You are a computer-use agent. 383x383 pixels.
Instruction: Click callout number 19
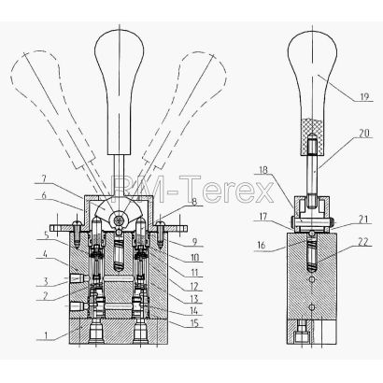tap(364, 97)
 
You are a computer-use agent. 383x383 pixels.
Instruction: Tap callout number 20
tap(362, 134)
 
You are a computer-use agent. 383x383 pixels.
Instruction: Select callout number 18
tap(263, 170)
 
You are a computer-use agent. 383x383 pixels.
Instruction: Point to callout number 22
tap(362, 242)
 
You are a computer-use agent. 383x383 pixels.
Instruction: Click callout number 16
tap(262, 245)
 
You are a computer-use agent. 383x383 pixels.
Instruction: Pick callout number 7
tap(44, 178)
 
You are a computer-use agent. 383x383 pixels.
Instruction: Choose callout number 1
tap(46, 335)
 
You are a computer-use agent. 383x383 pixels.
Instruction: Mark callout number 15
tap(194, 323)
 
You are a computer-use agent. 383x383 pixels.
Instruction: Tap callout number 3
tap(46, 282)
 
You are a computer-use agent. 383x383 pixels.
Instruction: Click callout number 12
tap(194, 286)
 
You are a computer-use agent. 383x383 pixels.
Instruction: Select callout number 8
tap(193, 202)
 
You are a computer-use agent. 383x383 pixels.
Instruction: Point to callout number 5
tap(46, 234)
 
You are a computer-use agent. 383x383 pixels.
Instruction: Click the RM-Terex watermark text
tap(192, 189)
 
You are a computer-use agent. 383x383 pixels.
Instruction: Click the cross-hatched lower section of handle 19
tap(312, 136)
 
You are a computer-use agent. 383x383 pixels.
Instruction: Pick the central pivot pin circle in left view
tap(119, 220)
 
